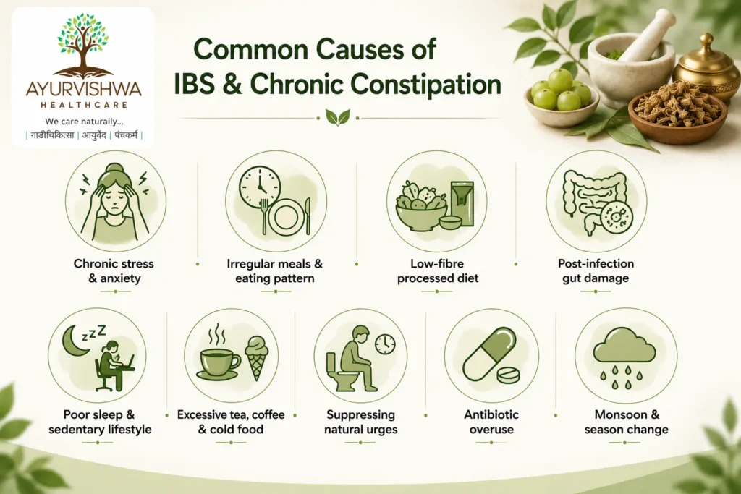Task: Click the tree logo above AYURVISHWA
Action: (x=83, y=45)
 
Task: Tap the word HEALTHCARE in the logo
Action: (x=84, y=105)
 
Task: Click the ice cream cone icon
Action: (x=257, y=357)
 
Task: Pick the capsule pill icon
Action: (x=490, y=354)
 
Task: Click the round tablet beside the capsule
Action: (x=508, y=375)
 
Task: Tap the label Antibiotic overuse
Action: (x=491, y=422)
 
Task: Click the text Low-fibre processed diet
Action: (x=438, y=271)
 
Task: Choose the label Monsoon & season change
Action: (x=626, y=422)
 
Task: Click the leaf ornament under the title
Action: (x=338, y=117)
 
